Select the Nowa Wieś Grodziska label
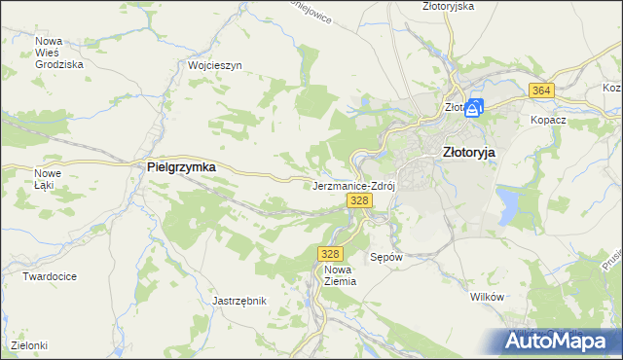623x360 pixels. coord(58,53)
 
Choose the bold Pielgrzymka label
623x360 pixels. coord(180,167)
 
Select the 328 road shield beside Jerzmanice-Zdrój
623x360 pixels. coord(359,200)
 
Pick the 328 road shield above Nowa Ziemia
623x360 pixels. coord(328,253)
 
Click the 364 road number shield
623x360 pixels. coord(542,90)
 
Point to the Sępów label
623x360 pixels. coord(386,258)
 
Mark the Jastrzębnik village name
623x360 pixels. coord(239,301)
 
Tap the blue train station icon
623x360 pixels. coord(474,108)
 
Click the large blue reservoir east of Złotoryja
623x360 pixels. coord(507,205)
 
